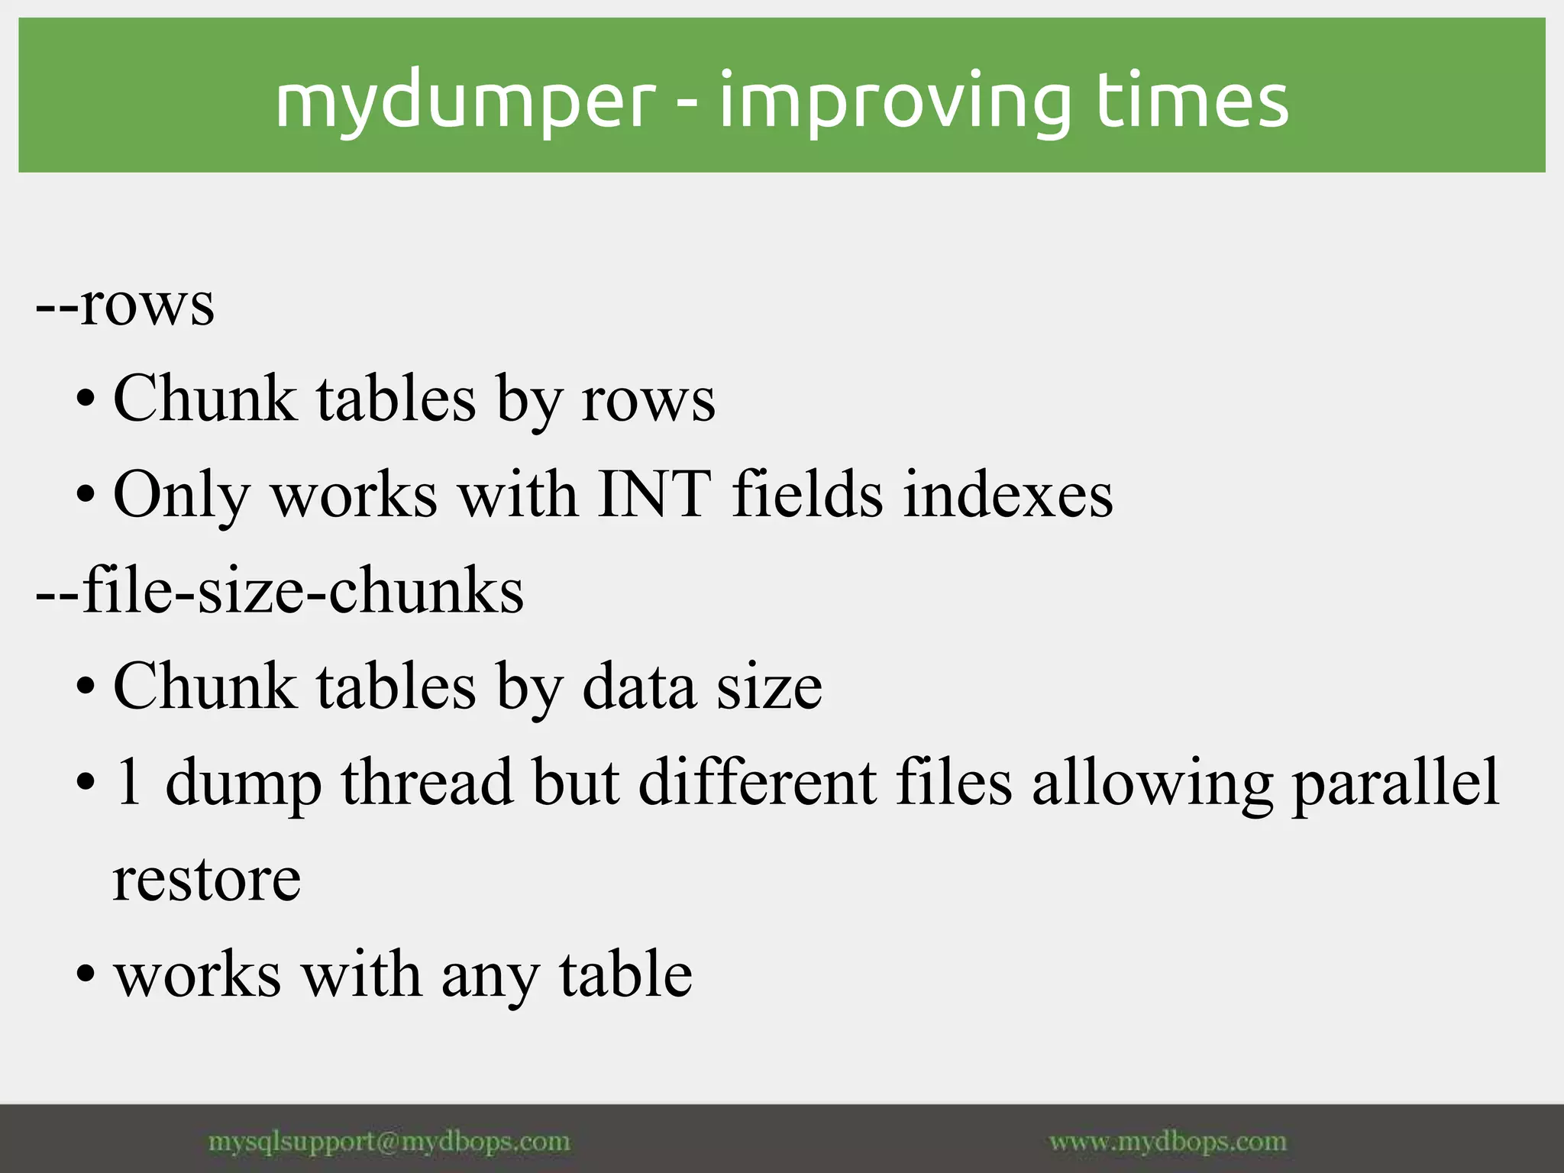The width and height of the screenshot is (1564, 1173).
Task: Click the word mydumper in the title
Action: pos(465,102)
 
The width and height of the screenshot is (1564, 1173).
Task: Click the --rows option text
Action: pos(125,304)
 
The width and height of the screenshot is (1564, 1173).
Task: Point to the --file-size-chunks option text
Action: pos(280,590)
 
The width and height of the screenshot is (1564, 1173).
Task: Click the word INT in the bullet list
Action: pos(654,494)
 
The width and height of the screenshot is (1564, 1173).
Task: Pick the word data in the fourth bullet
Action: pos(639,686)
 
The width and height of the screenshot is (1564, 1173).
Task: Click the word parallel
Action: pos(1395,783)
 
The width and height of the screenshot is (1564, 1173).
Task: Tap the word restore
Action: pos(207,879)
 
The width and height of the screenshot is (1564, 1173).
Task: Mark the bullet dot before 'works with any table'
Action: pos(86,975)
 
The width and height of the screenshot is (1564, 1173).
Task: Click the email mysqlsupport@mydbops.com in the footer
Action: pos(389,1142)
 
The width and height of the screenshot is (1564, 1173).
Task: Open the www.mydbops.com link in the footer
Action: pos(1168,1142)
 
